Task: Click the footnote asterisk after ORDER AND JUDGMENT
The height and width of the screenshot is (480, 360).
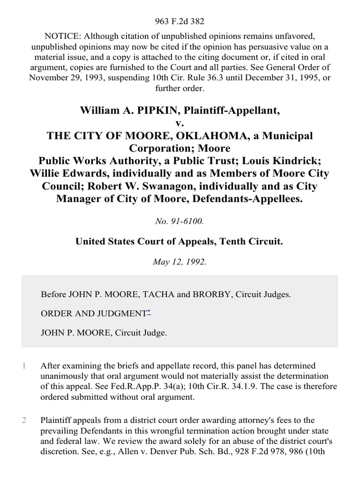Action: [149, 312]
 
